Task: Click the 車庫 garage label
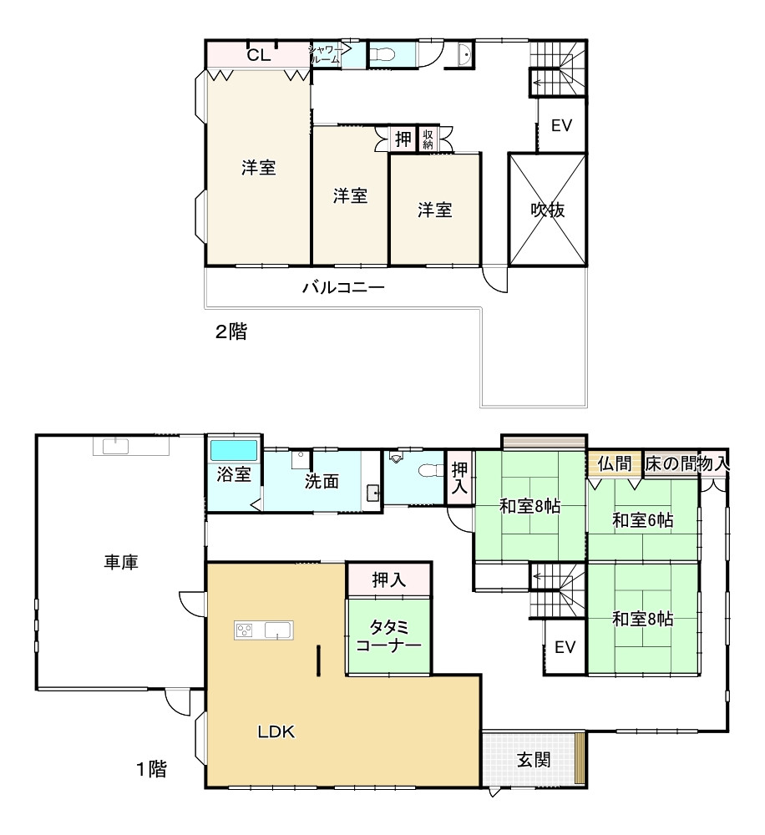121,562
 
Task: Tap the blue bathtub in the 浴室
234,451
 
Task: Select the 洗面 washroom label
322,481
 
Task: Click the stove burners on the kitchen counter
245,630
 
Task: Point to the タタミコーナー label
388,636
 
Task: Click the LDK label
276,731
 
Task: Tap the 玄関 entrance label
534,759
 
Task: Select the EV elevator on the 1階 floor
565,647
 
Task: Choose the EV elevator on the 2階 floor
561,126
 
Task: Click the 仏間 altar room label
615,463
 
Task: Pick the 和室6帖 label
642,519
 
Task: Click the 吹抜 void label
548,210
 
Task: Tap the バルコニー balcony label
343,287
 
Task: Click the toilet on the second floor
382,54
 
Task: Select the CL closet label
259,55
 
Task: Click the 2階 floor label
231,331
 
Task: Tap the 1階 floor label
152,768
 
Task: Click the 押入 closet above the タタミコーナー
388,579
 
